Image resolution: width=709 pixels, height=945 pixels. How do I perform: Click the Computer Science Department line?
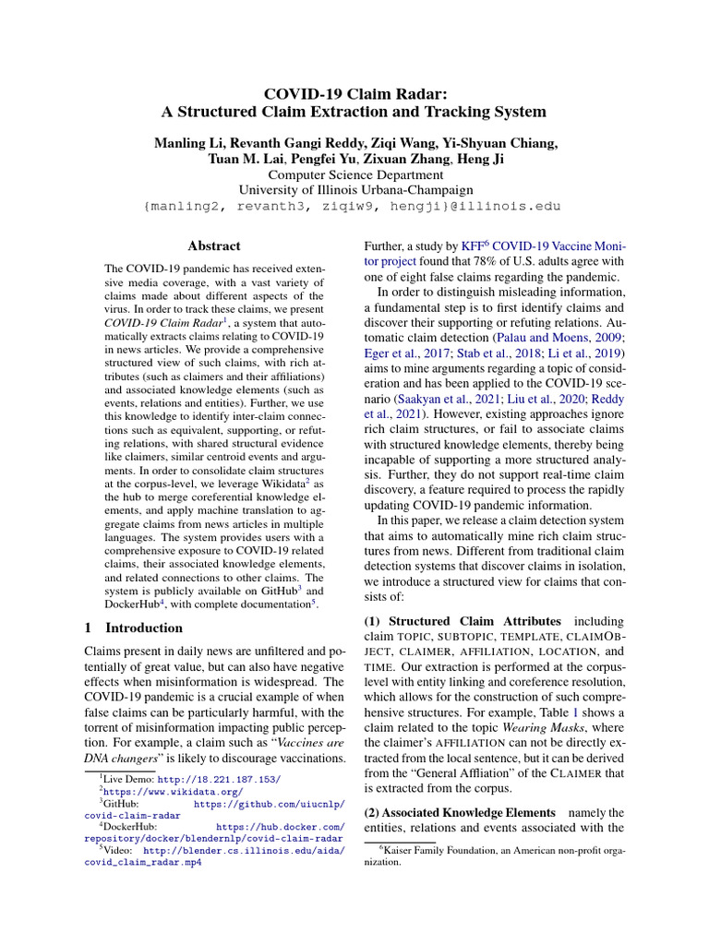point(354,174)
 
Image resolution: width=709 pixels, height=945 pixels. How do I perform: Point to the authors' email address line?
point(354,206)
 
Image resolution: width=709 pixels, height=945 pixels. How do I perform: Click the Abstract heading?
point(213,245)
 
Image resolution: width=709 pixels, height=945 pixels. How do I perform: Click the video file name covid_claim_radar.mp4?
point(143,864)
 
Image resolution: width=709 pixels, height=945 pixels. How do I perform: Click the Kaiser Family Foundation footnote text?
point(495,855)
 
